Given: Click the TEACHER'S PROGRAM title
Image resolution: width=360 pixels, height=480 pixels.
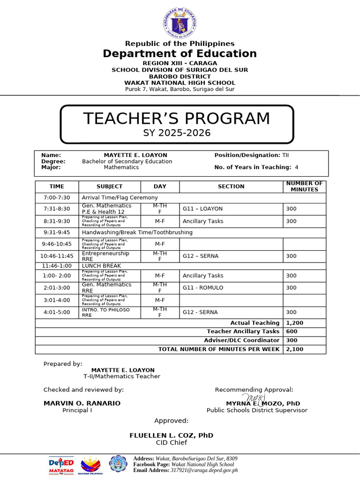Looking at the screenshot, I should (x=177, y=119).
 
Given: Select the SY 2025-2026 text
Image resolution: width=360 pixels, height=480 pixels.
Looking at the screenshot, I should (x=177, y=133).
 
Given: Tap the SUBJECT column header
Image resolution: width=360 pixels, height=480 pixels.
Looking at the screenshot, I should (x=109, y=187).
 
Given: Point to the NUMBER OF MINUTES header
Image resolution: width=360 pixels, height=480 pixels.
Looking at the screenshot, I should (x=304, y=187).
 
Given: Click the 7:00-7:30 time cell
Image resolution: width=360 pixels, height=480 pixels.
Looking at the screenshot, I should (x=56, y=198).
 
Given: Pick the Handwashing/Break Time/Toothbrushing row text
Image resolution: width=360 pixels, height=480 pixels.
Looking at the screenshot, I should (x=137, y=232).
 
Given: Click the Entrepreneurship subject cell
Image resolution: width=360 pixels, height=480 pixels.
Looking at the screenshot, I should (x=105, y=254).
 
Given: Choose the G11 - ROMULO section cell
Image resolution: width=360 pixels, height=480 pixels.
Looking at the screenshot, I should (x=203, y=288).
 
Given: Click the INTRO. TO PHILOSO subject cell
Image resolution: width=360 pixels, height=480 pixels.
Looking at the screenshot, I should (x=106, y=310).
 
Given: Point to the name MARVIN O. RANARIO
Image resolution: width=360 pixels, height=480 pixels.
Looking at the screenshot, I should (x=82, y=404).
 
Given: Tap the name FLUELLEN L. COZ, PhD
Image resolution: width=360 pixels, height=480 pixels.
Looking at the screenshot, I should (x=171, y=435).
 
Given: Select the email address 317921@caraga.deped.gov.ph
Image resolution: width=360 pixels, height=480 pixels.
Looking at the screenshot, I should (x=197, y=470).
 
